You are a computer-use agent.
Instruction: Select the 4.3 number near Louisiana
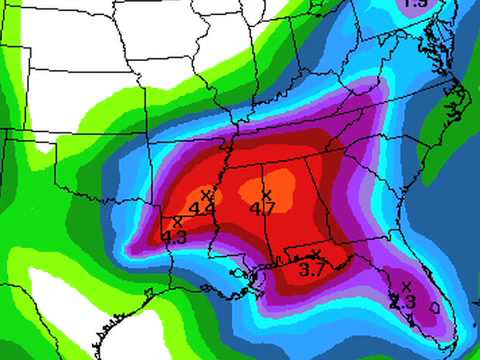(x=174, y=237)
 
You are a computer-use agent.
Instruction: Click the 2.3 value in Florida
(x=402, y=301)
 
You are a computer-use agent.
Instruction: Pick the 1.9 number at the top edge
(x=416, y=4)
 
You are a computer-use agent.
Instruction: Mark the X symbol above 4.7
(x=266, y=194)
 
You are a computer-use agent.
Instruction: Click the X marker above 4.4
(x=207, y=194)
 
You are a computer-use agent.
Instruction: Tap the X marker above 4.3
(x=178, y=222)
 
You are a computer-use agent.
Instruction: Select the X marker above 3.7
(x=317, y=254)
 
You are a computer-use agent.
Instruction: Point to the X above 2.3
(x=404, y=288)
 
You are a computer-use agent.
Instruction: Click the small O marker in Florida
(x=434, y=308)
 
